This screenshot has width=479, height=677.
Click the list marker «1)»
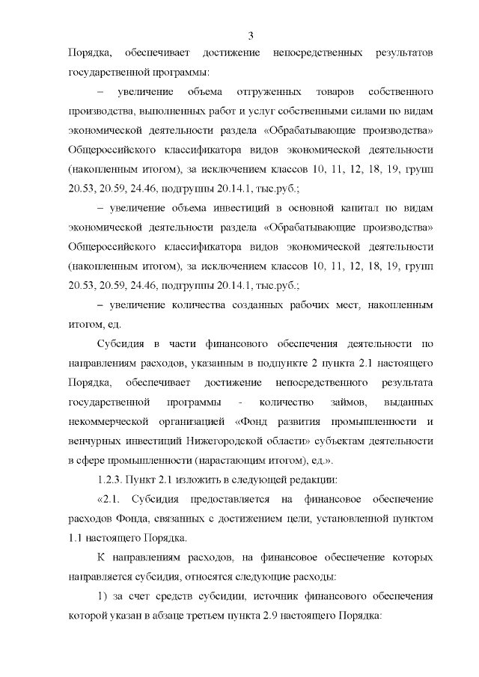[x=104, y=597]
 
